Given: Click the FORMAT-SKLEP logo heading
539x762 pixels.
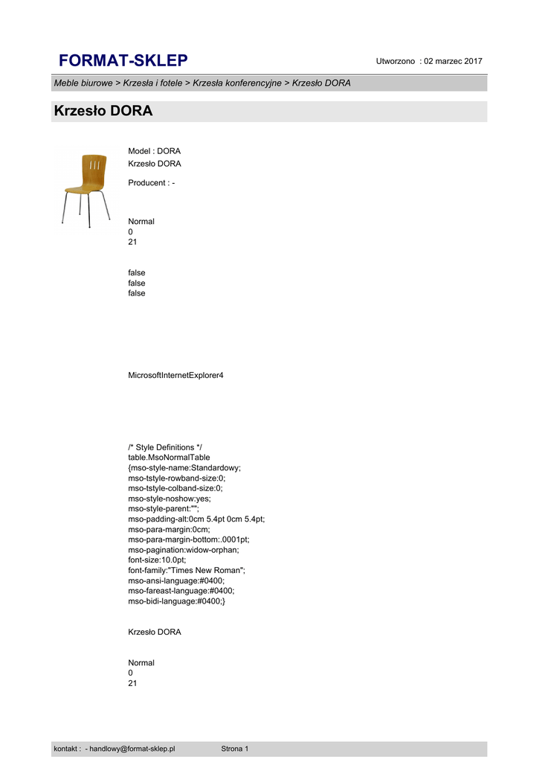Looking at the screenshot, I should click(123, 60).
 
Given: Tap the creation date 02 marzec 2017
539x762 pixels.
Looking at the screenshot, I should click(453, 61).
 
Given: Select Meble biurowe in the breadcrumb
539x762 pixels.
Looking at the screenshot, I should click(83, 83).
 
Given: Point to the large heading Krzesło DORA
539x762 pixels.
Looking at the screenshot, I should click(103, 112).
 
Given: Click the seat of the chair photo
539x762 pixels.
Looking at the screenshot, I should click(83, 188).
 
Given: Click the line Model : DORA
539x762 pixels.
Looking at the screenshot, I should click(155, 151).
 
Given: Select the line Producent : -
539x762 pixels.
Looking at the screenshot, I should click(152, 183).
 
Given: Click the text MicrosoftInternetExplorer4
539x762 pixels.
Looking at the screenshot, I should click(176, 375).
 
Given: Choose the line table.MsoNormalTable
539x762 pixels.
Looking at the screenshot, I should click(169, 458).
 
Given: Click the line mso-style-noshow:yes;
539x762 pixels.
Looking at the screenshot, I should click(168, 499).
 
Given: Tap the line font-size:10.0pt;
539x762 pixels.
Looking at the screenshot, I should click(158, 560).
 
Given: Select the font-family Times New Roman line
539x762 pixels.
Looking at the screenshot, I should click(187, 570).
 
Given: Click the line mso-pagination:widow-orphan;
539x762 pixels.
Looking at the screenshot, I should click(184, 550).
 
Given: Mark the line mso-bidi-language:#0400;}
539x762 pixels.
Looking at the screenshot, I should click(176, 601).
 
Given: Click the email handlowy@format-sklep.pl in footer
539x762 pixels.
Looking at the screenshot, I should click(132, 749).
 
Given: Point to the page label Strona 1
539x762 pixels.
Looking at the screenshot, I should click(235, 749).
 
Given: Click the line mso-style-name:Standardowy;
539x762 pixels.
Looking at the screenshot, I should click(184, 468).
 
